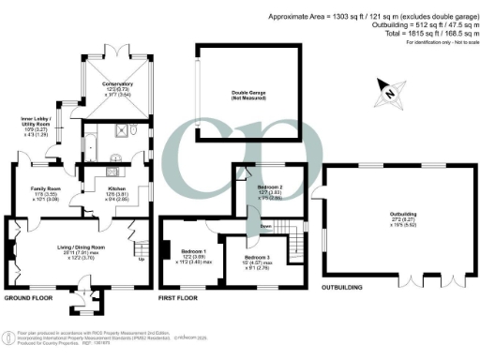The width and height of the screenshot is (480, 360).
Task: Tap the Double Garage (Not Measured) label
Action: coord(249,93)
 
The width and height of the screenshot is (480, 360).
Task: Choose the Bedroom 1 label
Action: coord(193,256)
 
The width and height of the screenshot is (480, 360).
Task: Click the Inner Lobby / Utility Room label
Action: coord(38,125)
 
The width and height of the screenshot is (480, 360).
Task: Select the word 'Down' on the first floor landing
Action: coord(266,227)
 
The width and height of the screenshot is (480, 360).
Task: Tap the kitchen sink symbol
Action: coord(112,172)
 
